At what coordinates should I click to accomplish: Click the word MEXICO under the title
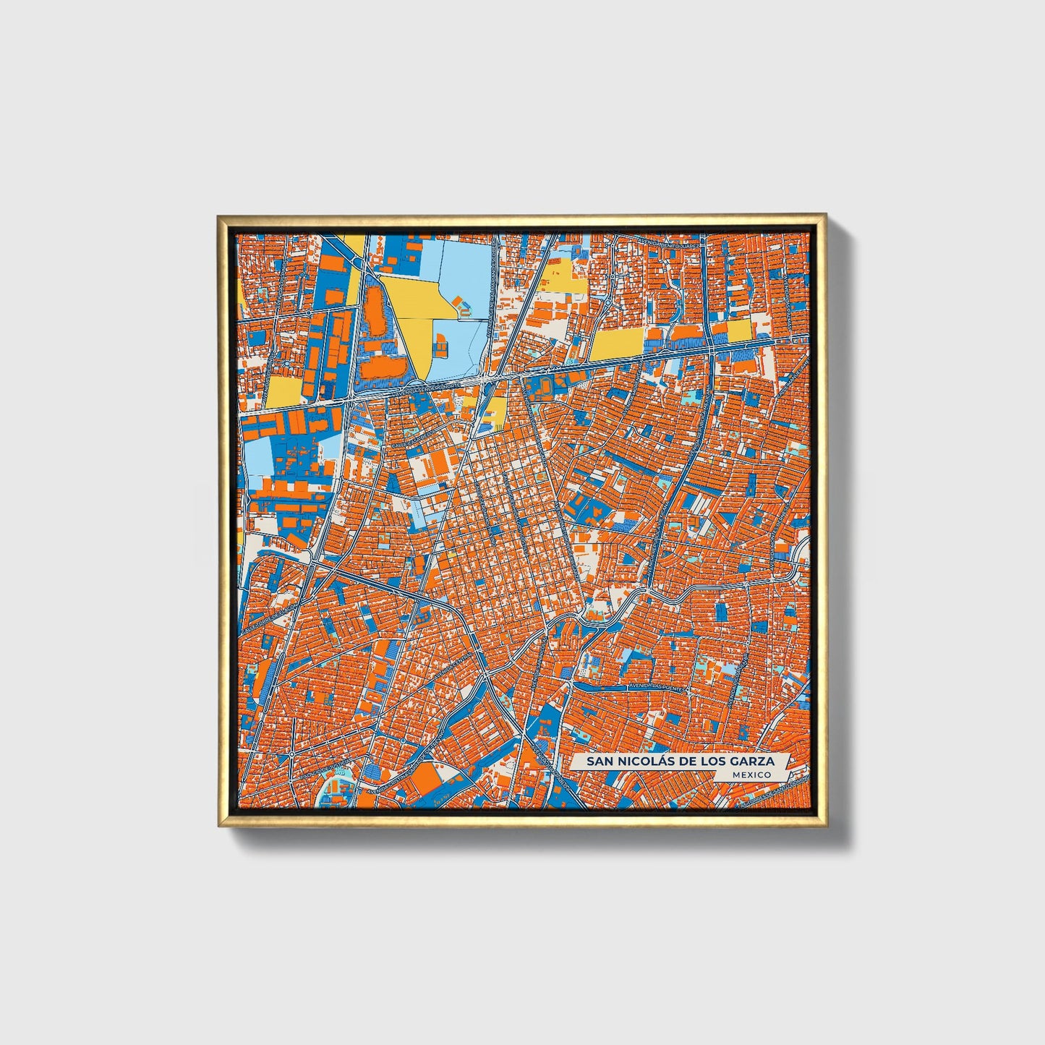click(x=751, y=775)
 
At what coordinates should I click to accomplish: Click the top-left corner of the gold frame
click(x=218, y=215)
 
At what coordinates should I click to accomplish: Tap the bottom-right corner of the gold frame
click(x=826, y=827)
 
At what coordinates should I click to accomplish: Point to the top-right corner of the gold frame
click(x=826, y=215)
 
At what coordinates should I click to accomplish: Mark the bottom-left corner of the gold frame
click(x=218, y=827)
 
